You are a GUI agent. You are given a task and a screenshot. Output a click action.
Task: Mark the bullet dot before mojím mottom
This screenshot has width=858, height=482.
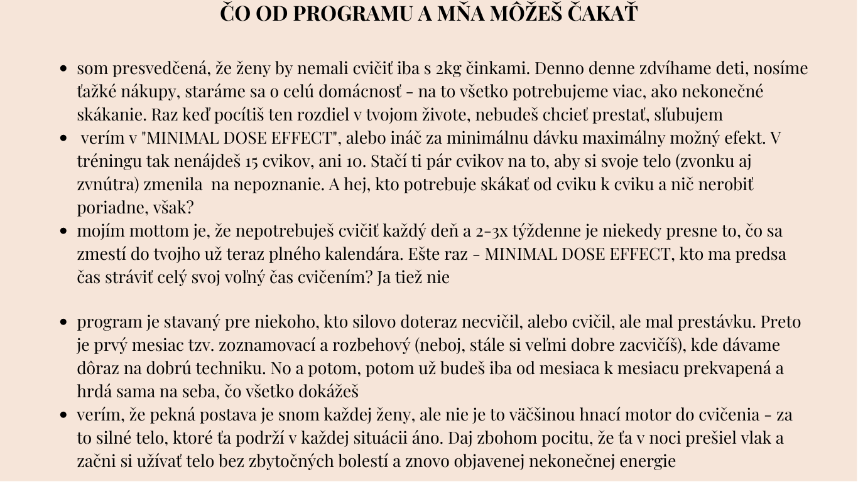(x=63, y=232)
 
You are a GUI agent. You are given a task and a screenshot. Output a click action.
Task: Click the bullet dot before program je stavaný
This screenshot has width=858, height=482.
(x=63, y=323)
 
